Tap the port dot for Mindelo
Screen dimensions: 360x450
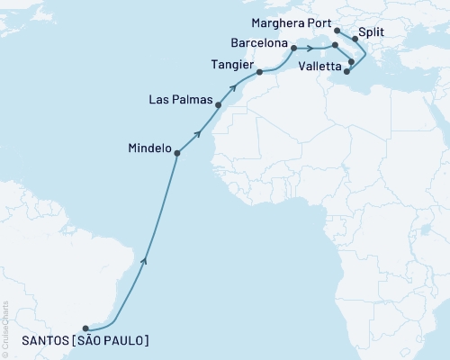point(176,153)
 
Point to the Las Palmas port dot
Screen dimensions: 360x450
point(218,104)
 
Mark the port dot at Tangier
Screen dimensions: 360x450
point(259,74)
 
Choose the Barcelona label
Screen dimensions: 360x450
point(260,42)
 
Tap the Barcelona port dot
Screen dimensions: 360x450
point(293,47)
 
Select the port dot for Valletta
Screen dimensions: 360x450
point(347,73)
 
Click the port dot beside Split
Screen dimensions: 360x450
point(355,40)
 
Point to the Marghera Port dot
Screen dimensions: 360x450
point(337,30)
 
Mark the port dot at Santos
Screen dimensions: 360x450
point(85,328)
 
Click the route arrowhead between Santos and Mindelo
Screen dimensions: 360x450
point(145,262)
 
